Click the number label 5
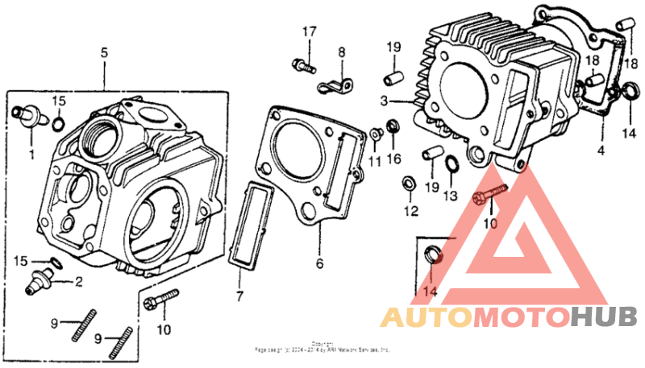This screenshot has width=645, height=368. coord(104,52)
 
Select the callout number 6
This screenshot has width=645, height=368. coord(319,263)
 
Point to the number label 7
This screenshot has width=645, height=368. coord(239,298)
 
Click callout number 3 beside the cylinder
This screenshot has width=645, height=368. coord(385,101)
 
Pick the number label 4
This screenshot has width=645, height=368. coord(600,151)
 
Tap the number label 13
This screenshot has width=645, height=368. coord(450,196)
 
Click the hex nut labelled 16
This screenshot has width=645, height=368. coord(393,126)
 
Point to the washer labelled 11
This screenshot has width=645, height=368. coord(377,134)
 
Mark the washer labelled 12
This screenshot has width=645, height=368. coord(410,184)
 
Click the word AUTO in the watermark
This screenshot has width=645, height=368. coord(425,316)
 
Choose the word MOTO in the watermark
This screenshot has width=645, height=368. coord(519,316)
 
